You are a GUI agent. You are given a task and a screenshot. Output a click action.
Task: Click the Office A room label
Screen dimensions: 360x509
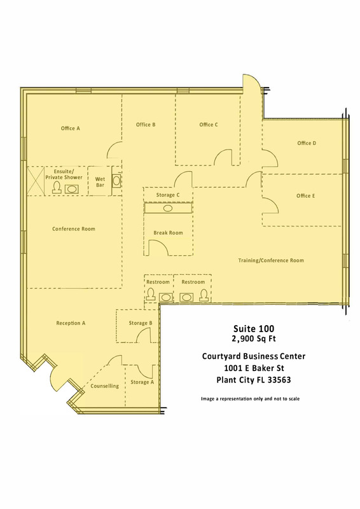[70, 129]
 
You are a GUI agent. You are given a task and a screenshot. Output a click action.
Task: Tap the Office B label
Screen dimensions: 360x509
[146, 125]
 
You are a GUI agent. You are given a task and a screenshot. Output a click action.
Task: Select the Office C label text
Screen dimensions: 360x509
[209, 125]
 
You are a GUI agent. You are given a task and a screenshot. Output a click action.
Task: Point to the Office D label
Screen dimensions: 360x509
[307, 143]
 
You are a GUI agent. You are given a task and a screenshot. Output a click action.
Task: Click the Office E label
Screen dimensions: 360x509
[305, 196]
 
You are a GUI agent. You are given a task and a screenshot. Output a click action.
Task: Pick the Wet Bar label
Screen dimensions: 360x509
[100, 182]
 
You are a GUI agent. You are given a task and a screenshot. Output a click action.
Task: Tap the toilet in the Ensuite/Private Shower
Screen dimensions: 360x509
[57, 188]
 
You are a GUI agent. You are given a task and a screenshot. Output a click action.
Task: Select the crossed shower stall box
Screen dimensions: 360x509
[36, 181]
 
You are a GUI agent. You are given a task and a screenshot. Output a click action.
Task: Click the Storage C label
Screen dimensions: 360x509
[167, 195]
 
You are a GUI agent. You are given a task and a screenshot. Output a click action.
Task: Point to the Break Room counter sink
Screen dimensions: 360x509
[168, 209]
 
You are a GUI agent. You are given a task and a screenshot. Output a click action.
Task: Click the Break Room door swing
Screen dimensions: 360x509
[158, 248]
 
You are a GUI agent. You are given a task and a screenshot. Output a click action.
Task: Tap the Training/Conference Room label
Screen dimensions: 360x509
[271, 260]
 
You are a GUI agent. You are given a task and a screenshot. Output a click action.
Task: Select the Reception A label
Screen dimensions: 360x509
[71, 323]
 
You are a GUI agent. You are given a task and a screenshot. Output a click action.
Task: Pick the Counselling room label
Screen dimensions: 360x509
[104, 386]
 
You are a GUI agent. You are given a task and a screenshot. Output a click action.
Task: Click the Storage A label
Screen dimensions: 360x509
[142, 382]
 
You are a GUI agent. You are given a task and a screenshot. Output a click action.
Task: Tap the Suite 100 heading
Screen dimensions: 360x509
[254, 328]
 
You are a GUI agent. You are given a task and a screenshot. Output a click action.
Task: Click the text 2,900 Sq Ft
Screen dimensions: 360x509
[254, 339]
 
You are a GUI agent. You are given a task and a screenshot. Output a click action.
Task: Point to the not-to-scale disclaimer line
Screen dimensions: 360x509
[250, 399]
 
